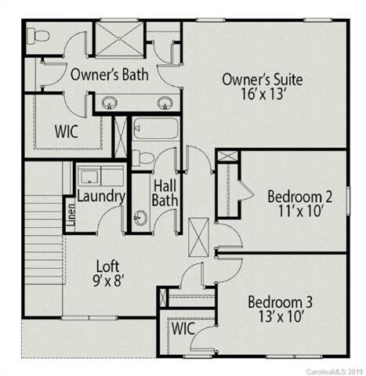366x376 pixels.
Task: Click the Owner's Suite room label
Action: click(263, 79)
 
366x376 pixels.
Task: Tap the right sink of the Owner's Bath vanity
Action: click(164, 102)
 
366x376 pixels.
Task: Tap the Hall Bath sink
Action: click(141, 217)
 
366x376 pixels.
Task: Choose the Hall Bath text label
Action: click(165, 193)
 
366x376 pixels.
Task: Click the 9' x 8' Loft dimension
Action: click(109, 280)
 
